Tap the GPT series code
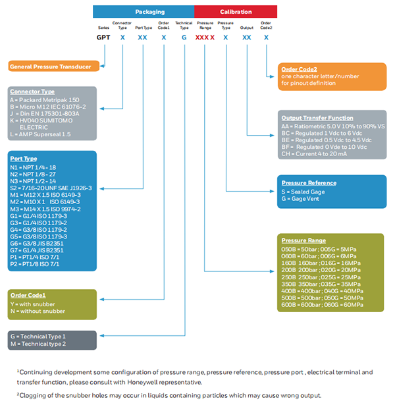point(103,39)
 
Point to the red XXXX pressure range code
point(205,39)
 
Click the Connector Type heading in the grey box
point(32,92)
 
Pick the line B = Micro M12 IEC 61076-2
point(48,106)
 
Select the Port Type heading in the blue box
point(24,159)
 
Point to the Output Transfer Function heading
point(317,118)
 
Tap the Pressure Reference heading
point(309,182)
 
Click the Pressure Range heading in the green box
point(303,240)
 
